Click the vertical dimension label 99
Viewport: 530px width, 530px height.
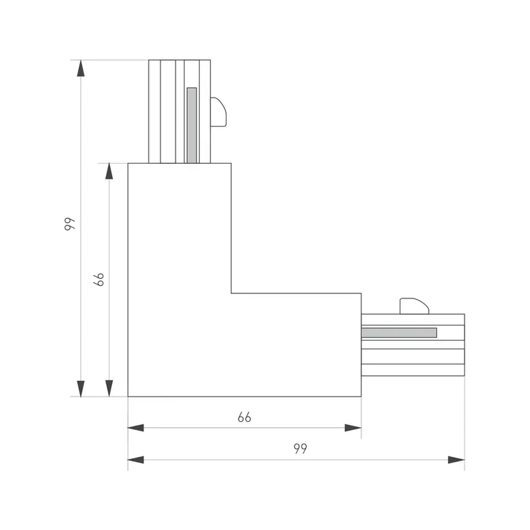click(70, 224)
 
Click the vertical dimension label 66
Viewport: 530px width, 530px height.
click(99, 279)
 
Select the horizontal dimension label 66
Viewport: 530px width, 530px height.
click(244, 417)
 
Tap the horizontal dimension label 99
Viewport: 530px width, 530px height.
click(300, 449)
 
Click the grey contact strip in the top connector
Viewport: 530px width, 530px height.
click(192, 125)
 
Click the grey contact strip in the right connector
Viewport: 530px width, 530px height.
click(399, 333)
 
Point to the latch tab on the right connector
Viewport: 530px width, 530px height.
click(414, 306)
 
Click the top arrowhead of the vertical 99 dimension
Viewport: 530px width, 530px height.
click(81, 68)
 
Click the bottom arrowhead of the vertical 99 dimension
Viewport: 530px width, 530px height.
click(81, 389)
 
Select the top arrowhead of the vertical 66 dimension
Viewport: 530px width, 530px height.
click(109, 171)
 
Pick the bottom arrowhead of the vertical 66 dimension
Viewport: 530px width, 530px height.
click(109, 388)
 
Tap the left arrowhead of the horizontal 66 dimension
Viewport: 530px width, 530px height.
click(136, 428)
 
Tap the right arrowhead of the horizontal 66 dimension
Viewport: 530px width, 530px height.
click(353, 428)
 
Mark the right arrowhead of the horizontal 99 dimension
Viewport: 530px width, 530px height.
click(456, 460)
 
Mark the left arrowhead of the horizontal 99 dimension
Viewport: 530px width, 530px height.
click(136, 460)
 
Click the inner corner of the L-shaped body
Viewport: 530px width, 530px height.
click(231, 293)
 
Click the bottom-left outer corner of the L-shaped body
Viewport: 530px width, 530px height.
click(128, 396)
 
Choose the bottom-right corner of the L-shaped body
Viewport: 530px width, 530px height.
click(361, 396)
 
